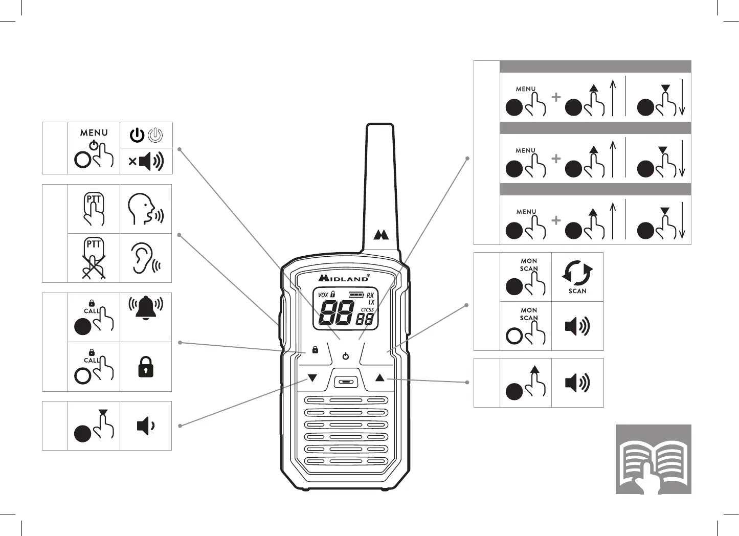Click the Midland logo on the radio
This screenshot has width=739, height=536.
(344, 278)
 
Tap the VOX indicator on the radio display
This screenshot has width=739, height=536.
(323, 295)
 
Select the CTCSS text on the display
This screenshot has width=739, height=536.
(367, 310)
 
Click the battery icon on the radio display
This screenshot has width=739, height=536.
(356, 295)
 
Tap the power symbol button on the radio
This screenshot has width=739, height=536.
(346, 356)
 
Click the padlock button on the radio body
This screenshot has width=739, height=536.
(315, 350)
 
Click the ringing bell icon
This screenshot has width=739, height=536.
(146, 308)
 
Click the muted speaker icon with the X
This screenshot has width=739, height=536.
(146, 161)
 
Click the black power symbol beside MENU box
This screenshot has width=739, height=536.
(137, 135)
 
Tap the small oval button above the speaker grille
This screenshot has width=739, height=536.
(346, 382)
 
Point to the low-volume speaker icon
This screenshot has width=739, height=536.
(145, 426)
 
